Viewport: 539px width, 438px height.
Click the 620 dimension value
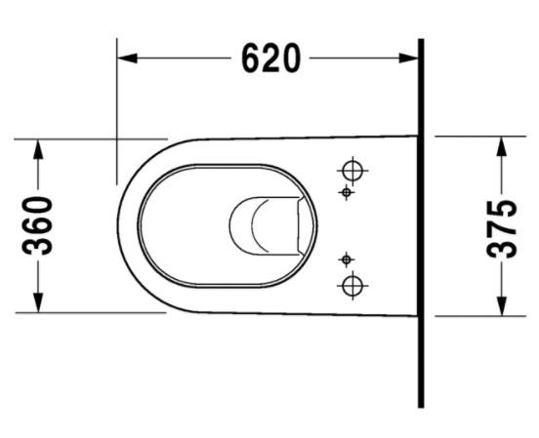point(270,60)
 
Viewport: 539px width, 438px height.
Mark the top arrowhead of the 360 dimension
point(39,146)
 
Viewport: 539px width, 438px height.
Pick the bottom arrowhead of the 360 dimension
point(39,304)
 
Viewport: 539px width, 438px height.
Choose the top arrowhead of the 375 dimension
point(502,144)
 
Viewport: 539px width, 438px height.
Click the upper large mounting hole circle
point(352,171)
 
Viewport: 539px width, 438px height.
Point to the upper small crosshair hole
point(345,193)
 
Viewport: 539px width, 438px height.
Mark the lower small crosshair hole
point(345,259)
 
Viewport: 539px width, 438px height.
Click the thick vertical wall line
point(421,224)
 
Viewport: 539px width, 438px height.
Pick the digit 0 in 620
point(290,60)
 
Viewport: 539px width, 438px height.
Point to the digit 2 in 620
point(270,60)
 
